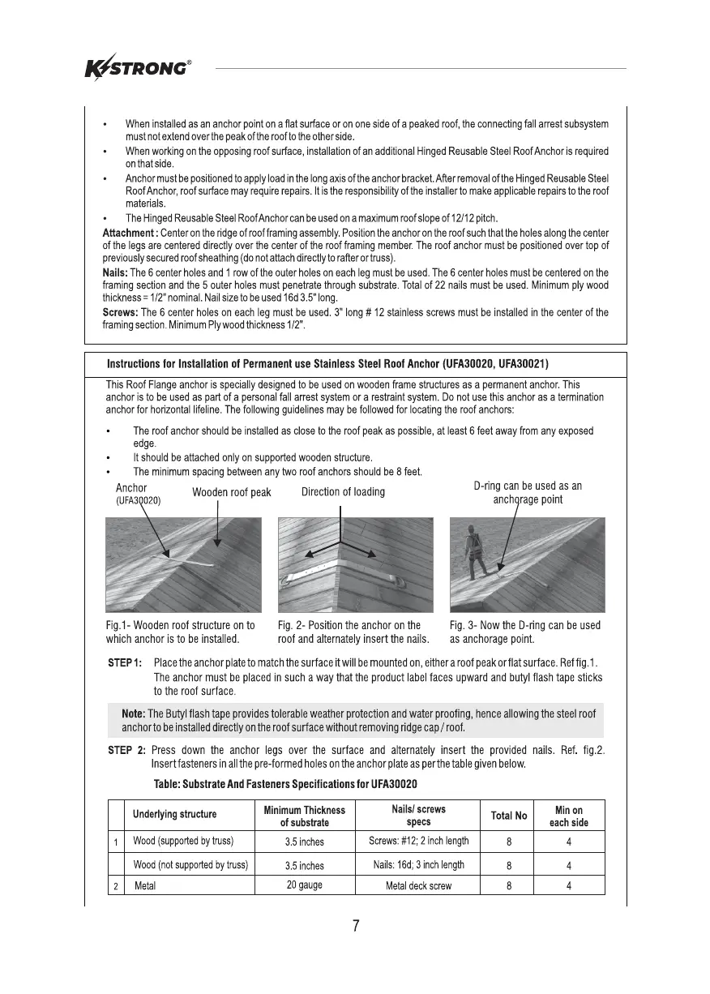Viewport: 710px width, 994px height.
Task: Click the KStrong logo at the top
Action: pos(138,68)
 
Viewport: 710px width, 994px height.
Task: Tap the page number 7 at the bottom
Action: pos(356,927)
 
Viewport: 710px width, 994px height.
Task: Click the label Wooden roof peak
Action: pos(231,493)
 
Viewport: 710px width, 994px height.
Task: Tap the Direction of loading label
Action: pos(343,492)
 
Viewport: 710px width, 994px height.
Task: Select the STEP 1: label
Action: pos(126,664)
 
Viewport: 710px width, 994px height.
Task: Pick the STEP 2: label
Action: pos(126,750)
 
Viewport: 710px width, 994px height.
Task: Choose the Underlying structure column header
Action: pos(174,815)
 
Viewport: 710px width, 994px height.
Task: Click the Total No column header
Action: pos(509,815)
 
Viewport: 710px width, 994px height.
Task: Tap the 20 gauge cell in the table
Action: pos(304,885)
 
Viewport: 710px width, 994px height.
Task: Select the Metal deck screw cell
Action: pos(418,886)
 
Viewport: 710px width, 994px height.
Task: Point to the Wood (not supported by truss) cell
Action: pos(190,865)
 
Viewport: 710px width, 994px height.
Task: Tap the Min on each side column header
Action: pos(569,816)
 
